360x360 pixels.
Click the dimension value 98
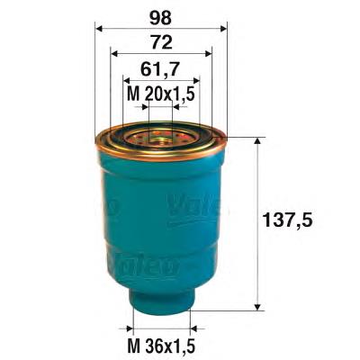pyautogui.click(x=161, y=17)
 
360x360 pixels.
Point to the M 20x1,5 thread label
pyautogui.click(x=161, y=93)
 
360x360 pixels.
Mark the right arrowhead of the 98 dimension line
pyautogui.click(x=224, y=28)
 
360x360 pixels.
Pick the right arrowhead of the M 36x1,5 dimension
pyautogui.click(x=190, y=328)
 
